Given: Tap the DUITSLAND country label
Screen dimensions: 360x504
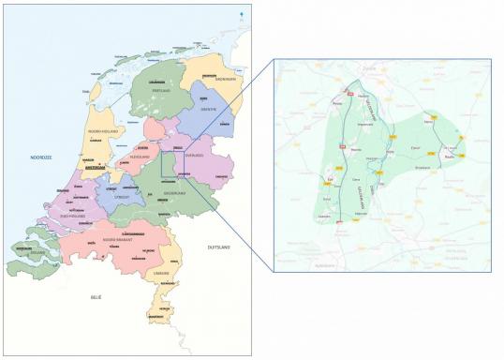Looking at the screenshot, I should [220, 246].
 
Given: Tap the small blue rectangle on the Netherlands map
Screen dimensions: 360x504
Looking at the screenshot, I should [173, 163].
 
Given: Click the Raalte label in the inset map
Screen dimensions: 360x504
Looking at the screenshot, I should [448, 157].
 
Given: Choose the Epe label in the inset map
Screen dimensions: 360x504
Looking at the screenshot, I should [329, 180].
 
